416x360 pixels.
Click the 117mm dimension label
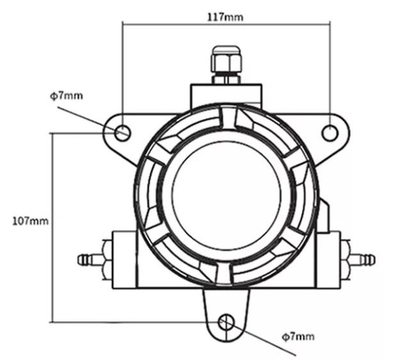(225, 17)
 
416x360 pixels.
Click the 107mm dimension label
(31, 221)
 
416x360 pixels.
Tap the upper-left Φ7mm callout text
(67, 95)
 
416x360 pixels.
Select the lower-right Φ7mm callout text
(298, 337)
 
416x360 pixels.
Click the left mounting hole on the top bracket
(123, 133)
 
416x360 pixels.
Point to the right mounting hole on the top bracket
(330, 133)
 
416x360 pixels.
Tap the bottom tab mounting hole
(227, 322)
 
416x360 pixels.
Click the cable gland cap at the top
(227, 59)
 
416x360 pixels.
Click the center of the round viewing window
(226, 195)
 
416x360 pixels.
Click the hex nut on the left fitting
(107, 259)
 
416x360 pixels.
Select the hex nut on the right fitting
(345, 259)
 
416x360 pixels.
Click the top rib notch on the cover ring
(228, 118)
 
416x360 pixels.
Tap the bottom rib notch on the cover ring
(223, 274)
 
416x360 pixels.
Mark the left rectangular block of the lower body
(125, 259)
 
